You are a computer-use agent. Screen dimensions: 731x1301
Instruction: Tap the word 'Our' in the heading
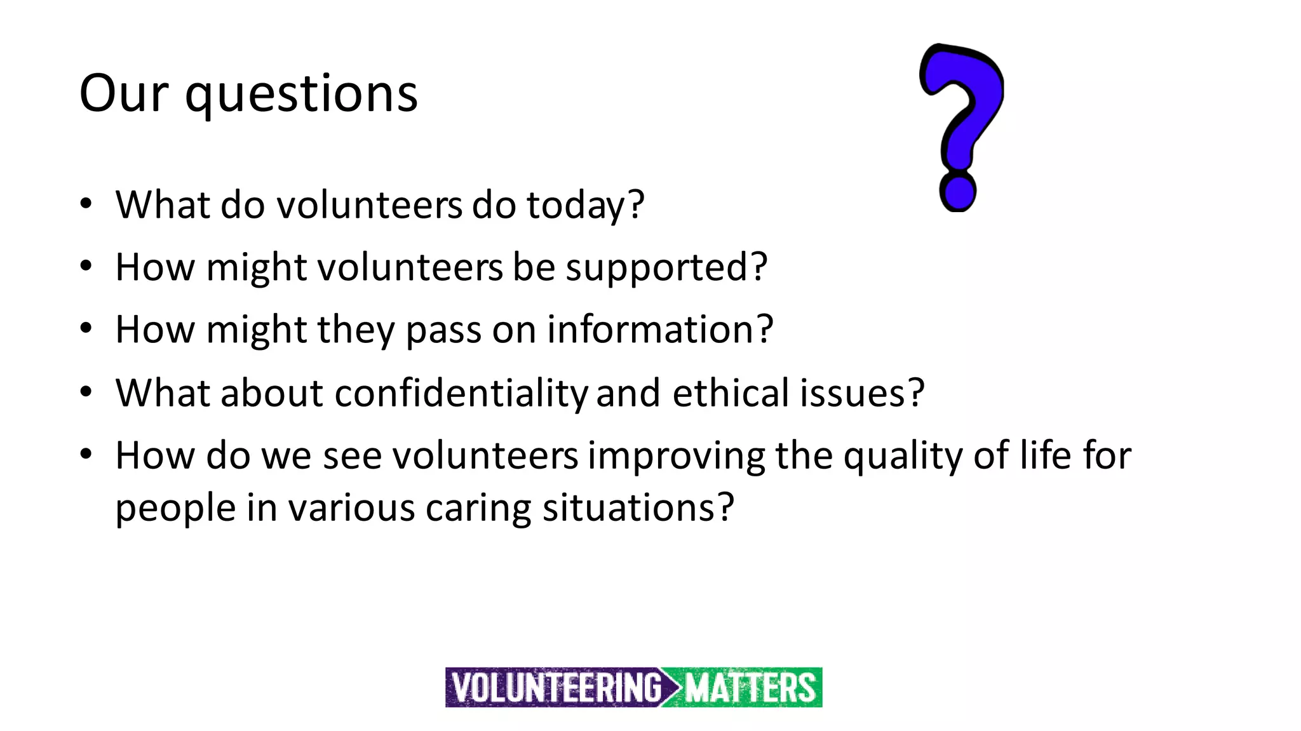tap(124, 94)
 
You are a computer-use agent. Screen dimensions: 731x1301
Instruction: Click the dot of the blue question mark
tap(957, 192)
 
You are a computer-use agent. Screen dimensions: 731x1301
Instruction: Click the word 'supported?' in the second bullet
tap(666, 267)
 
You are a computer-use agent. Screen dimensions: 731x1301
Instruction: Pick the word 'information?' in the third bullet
tap(660, 330)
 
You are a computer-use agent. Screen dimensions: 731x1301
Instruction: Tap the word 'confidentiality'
tap(462, 393)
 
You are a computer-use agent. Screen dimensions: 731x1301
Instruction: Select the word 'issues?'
tap(861, 392)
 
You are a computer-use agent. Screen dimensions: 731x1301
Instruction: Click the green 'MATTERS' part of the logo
tap(750, 688)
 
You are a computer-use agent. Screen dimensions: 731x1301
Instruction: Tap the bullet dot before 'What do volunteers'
tap(86, 204)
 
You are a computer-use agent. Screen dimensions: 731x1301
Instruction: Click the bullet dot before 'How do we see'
tap(86, 454)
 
